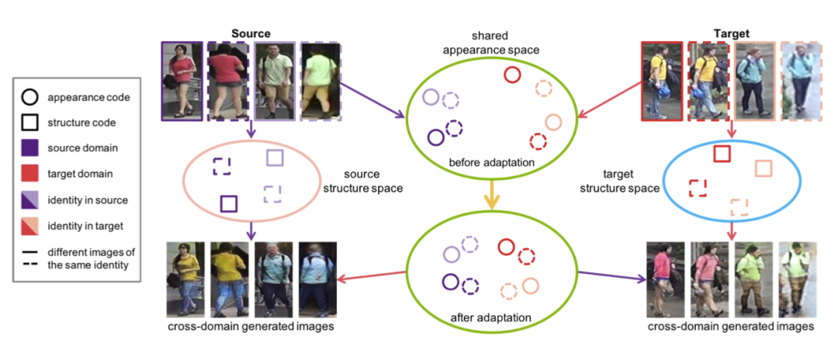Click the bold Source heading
pos(250,34)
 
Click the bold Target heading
pos(731,33)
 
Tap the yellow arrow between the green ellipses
pos(490,198)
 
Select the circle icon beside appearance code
pos(28,98)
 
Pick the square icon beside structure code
pos(28,123)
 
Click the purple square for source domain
pos(28,147)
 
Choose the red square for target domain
pos(28,173)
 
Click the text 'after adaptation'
pos(490,317)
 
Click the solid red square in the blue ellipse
pos(722,154)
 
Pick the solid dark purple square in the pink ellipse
pos(228,203)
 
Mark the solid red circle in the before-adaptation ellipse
pos(512,74)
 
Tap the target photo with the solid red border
pos(663,81)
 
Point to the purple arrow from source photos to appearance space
pos(373,99)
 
